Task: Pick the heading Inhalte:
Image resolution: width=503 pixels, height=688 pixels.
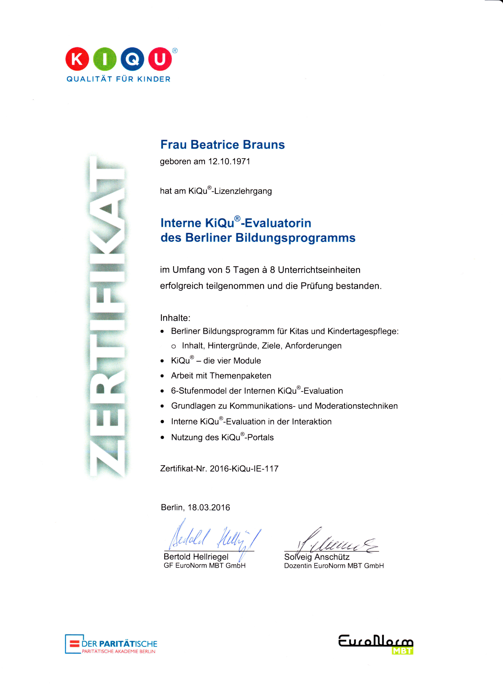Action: [x=175, y=318]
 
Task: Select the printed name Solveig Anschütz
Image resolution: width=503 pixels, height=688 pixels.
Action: [x=317, y=557]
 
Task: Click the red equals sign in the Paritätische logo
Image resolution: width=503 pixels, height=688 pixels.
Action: [x=75, y=644]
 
